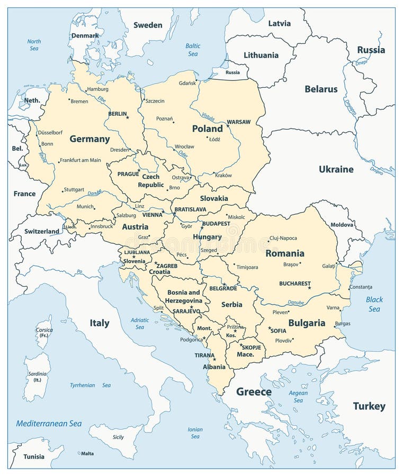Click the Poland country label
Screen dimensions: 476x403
(x=207, y=129)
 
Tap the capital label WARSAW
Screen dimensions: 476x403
(x=238, y=122)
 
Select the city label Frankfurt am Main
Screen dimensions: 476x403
(x=80, y=160)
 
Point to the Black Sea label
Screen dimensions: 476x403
(x=374, y=304)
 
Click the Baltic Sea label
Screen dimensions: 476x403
(x=193, y=50)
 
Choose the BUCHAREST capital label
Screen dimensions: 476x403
(x=294, y=283)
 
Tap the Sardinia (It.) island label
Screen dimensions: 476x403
(x=37, y=377)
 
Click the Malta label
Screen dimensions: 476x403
(x=87, y=453)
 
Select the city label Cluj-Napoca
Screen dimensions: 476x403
(x=283, y=238)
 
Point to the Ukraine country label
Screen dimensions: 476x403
(x=336, y=169)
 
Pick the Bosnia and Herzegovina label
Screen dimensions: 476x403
(x=184, y=296)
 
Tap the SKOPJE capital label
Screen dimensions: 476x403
(x=252, y=347)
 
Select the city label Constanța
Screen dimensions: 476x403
(x=361, y=287)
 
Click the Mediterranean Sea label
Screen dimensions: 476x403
(x=49, y=424)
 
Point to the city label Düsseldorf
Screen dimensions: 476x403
(x=50, y=133)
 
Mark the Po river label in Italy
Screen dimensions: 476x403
(x=79, y=271)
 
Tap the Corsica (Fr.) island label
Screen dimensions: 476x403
(x=44, y=332)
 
